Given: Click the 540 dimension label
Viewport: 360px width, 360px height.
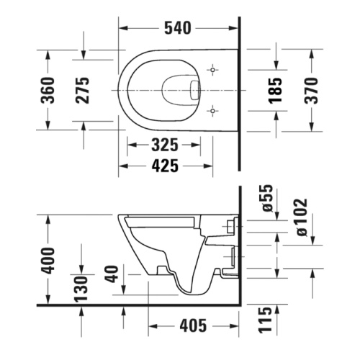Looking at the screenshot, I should tap(177, 28).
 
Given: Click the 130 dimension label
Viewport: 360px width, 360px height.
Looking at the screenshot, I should tap(83, 289).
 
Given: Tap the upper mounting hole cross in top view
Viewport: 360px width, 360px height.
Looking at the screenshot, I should tap(212, 70).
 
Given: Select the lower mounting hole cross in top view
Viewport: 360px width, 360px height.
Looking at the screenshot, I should tap(212, 110).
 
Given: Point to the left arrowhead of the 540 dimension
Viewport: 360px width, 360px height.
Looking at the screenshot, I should tap(122, 29).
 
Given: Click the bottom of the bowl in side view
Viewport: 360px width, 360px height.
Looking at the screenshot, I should tap(192, 291).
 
